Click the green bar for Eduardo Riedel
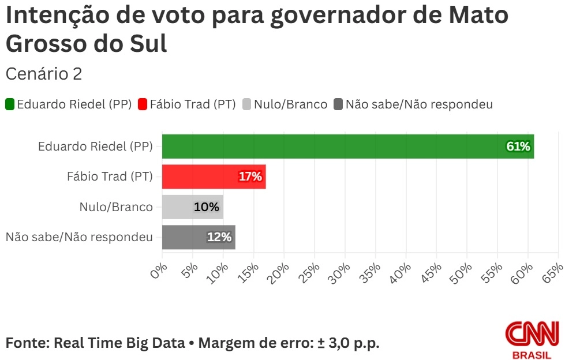(346, 146)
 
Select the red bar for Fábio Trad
(214, 177)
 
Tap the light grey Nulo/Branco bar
(192, 207)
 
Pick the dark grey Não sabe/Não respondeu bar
(199, 237)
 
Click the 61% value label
(518, 147)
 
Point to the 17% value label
(250, 177)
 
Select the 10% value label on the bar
(206, 207)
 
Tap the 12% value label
(219, 237)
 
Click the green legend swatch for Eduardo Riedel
(10, 104)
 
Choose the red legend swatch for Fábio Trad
(143, 104)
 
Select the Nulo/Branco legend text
(290, 104)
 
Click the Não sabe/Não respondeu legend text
(419, 104)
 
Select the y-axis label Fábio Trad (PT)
(110, 177)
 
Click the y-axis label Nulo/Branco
(116, 207)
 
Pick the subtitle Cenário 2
(44, 74)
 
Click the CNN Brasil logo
(532, 340)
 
